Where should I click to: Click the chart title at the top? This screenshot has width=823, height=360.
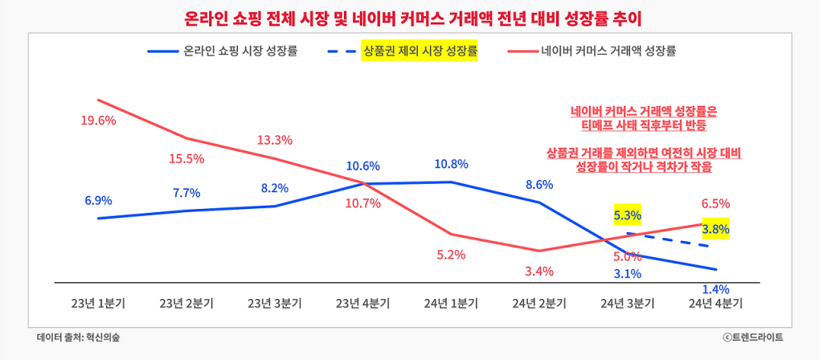pos(411,17)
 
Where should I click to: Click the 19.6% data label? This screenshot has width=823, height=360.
pos(98,121)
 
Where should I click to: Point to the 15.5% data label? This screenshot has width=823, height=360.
pos(186,158)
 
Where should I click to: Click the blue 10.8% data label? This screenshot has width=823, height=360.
pos(451,164)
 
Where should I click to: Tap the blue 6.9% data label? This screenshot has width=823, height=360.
pos(98,200)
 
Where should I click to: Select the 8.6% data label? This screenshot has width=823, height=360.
pos(539,184)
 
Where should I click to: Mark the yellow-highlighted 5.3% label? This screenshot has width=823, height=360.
pos(627,215)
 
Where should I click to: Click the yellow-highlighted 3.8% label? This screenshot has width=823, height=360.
pos(715,230)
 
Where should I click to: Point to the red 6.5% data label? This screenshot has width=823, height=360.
pos(715,203)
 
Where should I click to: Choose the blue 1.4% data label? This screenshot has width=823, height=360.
pos(715,289)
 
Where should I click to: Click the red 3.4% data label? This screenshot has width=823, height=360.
pos(539,271)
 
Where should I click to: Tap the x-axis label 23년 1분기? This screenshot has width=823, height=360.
pos(98,303)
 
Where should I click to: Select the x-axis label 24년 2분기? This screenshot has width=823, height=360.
pos(539,303)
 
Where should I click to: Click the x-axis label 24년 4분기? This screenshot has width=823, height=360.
pos(715,303)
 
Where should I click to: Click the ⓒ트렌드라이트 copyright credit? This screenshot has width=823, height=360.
pos(752,337)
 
